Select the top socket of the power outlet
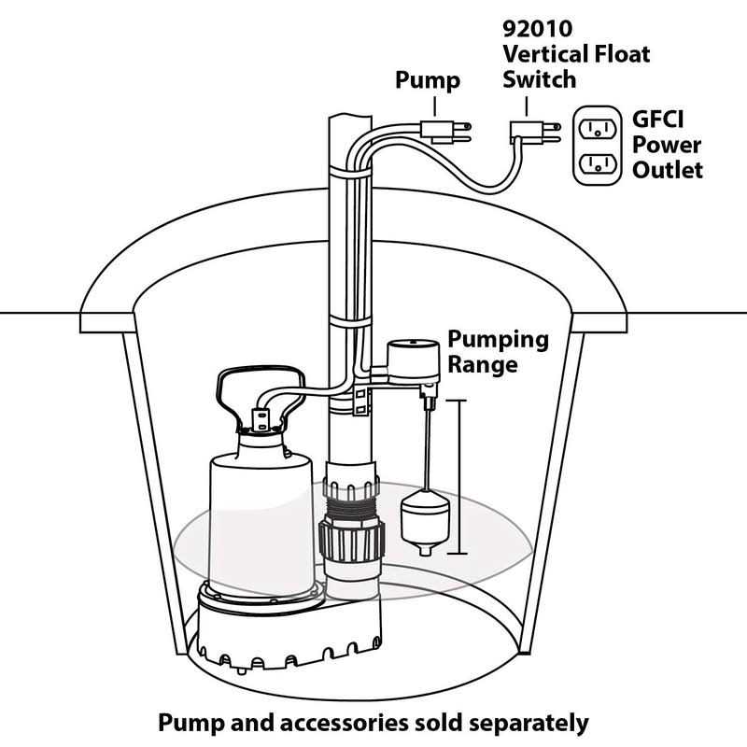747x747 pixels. tap(598, 127)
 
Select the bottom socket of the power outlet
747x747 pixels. tap(598, 164)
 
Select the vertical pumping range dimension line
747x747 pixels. tap(458, 476)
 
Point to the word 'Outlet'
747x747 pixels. tap(669, 171)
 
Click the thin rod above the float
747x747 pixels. tap(427, 448)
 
